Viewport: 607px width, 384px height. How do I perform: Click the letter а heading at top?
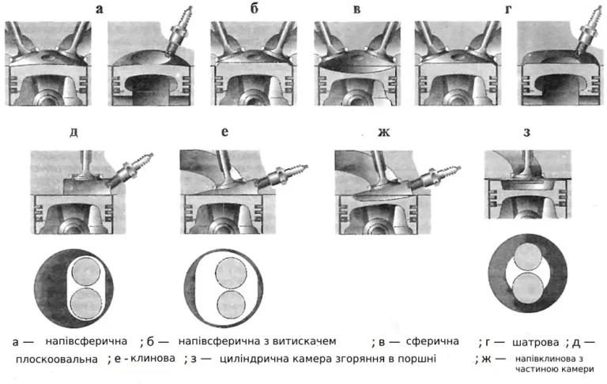(100, 9)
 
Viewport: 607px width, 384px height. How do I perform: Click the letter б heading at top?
(254, 8)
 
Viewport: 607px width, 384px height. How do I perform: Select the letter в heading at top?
(357, 9)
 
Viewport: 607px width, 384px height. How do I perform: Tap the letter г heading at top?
(508, 9)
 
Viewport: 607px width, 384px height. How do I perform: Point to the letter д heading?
(74, 132)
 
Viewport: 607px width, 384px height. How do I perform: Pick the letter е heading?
(224, 132)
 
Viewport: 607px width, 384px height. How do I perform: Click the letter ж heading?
(383, 132)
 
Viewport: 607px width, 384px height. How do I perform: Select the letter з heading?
(526, 132)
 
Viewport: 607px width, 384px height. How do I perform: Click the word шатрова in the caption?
(535, 343)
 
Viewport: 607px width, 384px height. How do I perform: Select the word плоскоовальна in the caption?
(57, 360)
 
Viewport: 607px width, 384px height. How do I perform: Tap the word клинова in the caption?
(153, 359)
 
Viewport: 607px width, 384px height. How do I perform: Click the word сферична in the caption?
(432, 341)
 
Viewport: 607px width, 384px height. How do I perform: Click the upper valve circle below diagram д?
(86, 272)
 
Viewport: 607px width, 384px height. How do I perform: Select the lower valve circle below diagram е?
(231, 305)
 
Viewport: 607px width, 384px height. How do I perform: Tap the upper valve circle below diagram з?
(527, 258)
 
